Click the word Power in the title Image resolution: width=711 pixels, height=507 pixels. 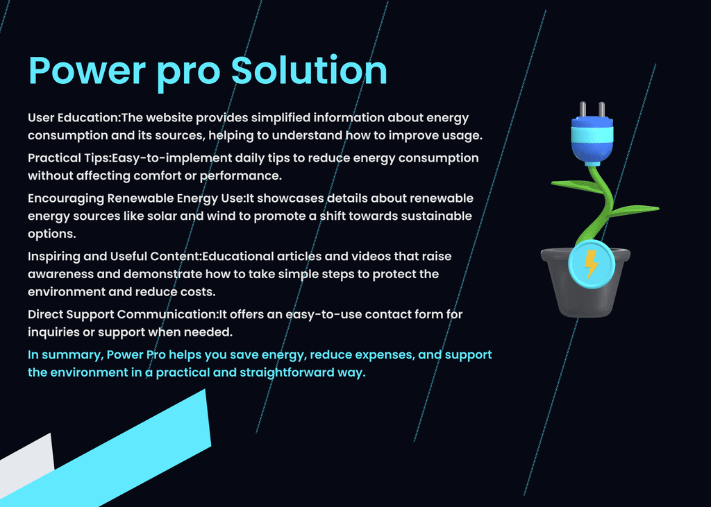(x=87, y=71)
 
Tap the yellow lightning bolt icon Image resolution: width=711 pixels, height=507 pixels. (x=591, y=264)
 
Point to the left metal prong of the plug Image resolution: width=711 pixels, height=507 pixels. (x=583, y=110)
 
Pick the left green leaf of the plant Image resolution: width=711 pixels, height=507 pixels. (x=576, y=186)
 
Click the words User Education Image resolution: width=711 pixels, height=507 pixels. (x=73, y=118)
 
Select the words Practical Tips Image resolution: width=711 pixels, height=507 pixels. (x=69, y=159)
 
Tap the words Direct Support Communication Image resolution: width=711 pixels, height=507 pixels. (x=122, y=314)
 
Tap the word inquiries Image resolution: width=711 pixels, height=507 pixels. (x=53, y=332)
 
